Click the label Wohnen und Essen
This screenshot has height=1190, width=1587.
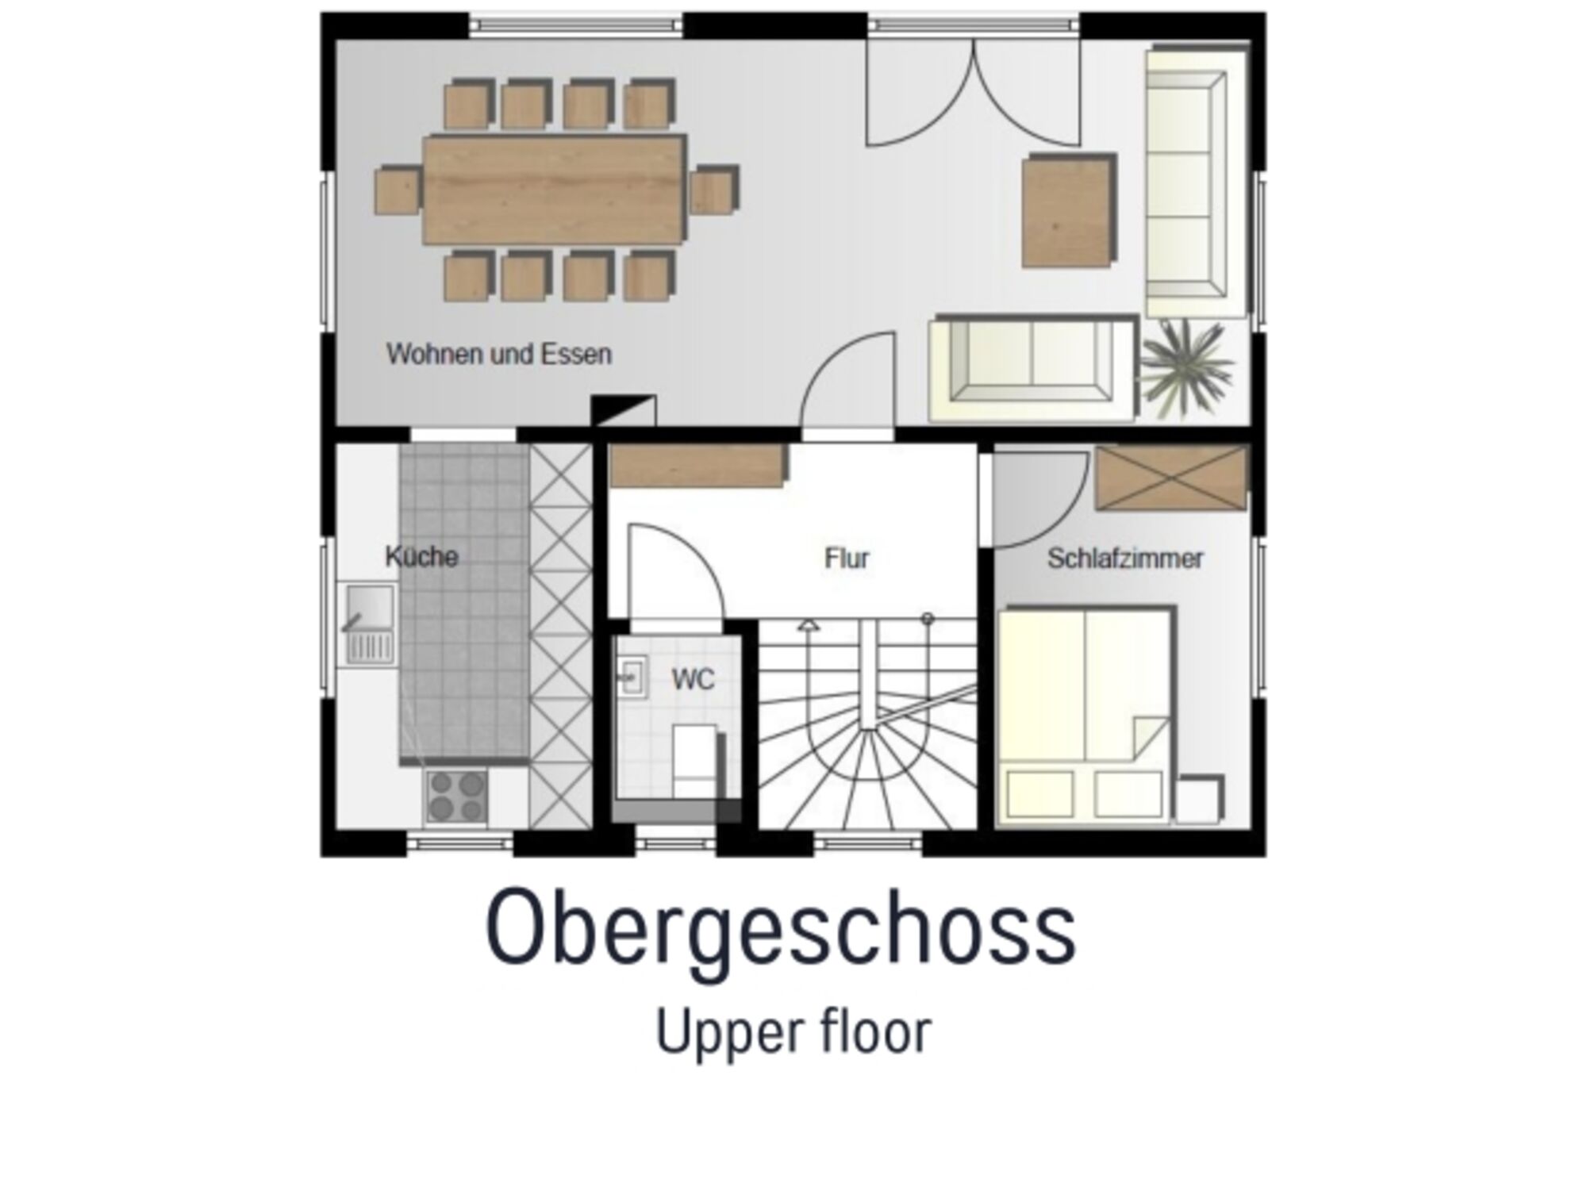tap(499, 354)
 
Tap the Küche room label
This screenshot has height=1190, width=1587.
tap(421, 556)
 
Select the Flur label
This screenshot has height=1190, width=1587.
tap(847, 559)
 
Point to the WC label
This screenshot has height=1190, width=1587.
tap(693, 679)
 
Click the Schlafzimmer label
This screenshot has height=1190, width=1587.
tap(1125, 559)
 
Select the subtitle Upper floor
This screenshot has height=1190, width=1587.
tap(793, 1033)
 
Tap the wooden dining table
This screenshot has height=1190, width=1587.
tap(554, 190)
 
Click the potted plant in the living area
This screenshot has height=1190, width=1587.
tap(1186, 368)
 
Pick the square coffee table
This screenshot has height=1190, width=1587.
tap(1069, 210)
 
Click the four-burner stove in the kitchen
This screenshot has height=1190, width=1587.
tap(456, 796)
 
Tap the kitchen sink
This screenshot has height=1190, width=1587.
tap(369, 624)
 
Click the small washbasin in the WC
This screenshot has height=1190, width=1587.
tap(633, 677)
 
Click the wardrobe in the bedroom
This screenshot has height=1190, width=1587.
tap(1171, 477)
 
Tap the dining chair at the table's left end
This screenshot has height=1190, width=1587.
tap(398, 190)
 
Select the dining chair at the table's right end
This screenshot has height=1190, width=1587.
tap(713, 190)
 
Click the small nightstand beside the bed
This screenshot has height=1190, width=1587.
tap(1200, 799)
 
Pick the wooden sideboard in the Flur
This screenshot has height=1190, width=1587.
tap(698, 465)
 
